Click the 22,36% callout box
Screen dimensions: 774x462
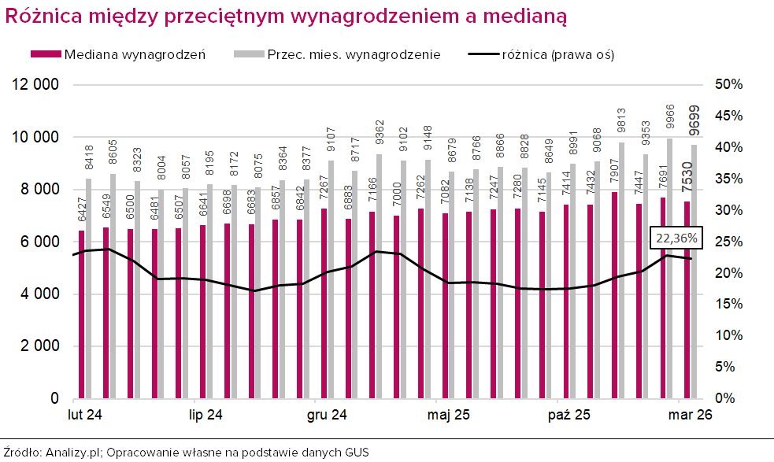[676, 239]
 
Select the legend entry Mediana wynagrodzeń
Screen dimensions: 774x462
[118, 54]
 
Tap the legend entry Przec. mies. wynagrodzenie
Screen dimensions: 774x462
[337, 54]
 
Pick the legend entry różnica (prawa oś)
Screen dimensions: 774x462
[541, 54]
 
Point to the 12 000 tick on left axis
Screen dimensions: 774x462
[35, 84]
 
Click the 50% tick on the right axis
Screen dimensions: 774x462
[728, 84]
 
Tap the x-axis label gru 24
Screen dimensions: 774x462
[327, 415]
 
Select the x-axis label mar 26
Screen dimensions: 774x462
[690, 415]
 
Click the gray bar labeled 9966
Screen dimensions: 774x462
[670, 268]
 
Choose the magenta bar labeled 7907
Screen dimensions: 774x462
[615, 295]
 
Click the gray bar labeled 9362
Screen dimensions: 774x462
[380, 276]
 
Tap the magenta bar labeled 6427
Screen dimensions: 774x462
[81, 314]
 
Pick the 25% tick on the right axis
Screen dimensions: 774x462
[728, 242]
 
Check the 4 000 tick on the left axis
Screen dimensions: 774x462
[39, 294]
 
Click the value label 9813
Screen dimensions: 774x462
[621, 121]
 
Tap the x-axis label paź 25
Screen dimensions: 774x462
[569, 415]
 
